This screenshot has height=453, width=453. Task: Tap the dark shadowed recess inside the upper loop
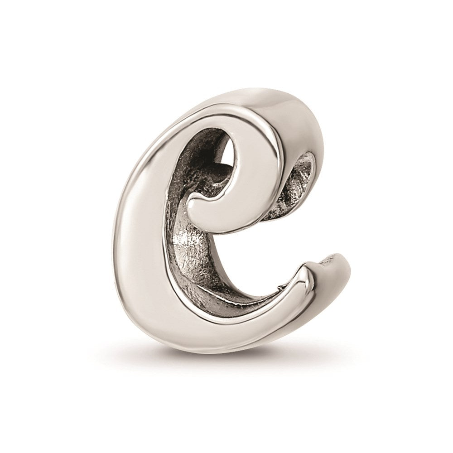[202, 162]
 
